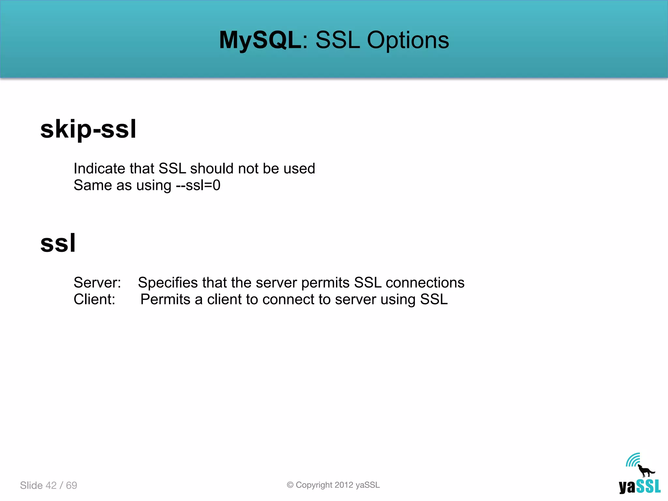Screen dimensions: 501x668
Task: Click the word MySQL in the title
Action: coord(260,40)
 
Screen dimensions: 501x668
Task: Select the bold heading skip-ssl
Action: coord(88,129)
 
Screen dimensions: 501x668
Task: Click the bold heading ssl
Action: coord(58,243)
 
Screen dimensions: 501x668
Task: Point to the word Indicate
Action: coord(99,169)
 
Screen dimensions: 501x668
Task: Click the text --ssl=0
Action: coord(198,185)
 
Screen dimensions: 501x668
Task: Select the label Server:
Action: coord(97,282)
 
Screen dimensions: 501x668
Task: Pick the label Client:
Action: coord(94,299)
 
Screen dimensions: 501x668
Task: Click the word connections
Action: coord(425,282)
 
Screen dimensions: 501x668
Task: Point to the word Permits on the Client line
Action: coord(165,299)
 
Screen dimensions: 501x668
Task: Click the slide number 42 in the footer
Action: coord(51,485)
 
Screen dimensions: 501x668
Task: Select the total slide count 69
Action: coord(71,485)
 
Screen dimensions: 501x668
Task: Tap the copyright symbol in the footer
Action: coord(290,485)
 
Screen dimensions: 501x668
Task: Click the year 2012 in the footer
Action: coord(344,485)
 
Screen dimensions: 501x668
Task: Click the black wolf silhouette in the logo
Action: coord(645,471)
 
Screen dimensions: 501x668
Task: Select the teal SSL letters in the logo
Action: coord(648,486)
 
